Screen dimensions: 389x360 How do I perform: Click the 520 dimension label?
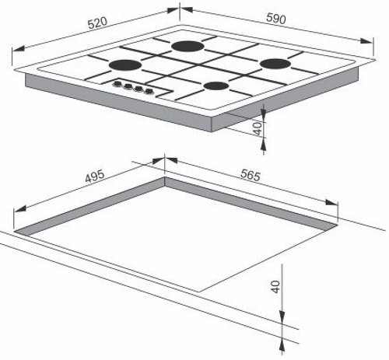pos(97,23)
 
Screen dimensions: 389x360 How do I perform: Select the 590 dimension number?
pos(276,19)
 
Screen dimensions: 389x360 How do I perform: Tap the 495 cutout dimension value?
pos(95,177)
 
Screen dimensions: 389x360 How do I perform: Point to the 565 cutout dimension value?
pos(251,175)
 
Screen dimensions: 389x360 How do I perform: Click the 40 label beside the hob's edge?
pos(258,129)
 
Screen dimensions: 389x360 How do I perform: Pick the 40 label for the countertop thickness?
pos(275,287)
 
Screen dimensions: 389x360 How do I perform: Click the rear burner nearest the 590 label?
pos(187,47)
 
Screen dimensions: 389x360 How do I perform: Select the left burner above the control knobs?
pos(125,65)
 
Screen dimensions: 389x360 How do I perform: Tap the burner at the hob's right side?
pos(275,64)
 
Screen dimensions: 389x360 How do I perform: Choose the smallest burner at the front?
pos(216,86)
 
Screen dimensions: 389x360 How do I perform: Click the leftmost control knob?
pos(118,84)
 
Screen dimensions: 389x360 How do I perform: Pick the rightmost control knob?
pos(149,91)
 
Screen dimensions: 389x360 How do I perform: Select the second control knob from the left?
pos(128,86)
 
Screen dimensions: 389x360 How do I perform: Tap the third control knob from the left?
pos(138,89)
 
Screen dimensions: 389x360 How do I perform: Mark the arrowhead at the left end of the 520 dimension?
pos(18,49)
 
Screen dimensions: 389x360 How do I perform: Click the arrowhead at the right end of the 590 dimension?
pos(366,41)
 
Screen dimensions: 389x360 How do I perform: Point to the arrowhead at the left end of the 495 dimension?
pos(19,208)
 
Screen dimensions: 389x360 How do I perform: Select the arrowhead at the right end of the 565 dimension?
pos(331,202)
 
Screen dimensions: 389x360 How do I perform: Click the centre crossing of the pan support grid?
pos(201,65)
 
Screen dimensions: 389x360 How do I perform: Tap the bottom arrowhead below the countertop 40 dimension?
pos(282,346)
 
